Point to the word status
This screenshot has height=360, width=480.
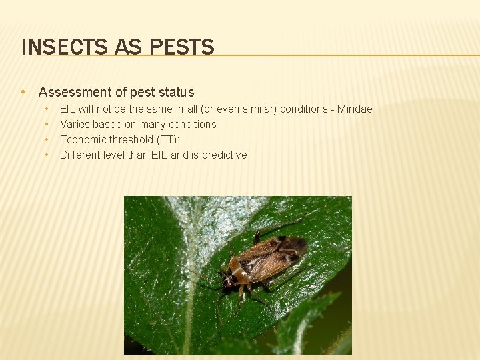click(175, 92)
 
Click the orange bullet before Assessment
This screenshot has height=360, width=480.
click(23, 92)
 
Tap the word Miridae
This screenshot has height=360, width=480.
click(355, 109)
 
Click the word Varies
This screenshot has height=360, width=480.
click(75, 124)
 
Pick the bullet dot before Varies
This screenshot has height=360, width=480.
click(47, 124)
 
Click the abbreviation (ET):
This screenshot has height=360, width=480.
click(165, 139)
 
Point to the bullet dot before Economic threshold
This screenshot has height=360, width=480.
click(47, 139)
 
